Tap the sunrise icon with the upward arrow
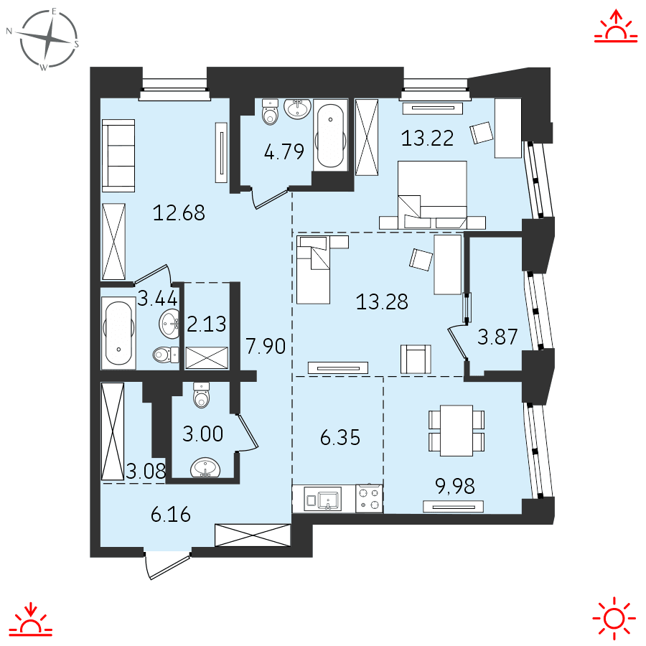[x=616, y=27]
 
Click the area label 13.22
[x=427, y=138]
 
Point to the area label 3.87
[x=498, y=337]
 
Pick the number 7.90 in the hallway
[x=266, y=347]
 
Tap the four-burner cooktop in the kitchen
[x=370, y=498]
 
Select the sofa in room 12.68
[x=118, y=156]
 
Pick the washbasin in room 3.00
[x=206, y=468]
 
